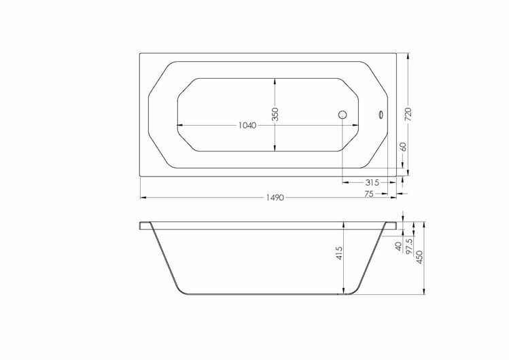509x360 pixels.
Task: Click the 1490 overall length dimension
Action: pos(275,198)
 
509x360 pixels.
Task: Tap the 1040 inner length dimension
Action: pos(247,125)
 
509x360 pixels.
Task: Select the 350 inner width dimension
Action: pos(275,114)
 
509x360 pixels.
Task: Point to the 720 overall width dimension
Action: pos(408,114)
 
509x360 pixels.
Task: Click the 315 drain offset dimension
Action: pos(372,183)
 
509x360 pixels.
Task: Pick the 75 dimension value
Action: pos(369,194)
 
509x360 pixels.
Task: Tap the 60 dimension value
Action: pos(403,147)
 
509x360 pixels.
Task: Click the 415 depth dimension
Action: pos(339,253)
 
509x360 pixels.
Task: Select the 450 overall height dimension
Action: pos(419,257)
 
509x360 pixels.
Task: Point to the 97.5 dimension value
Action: pos(409,246)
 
